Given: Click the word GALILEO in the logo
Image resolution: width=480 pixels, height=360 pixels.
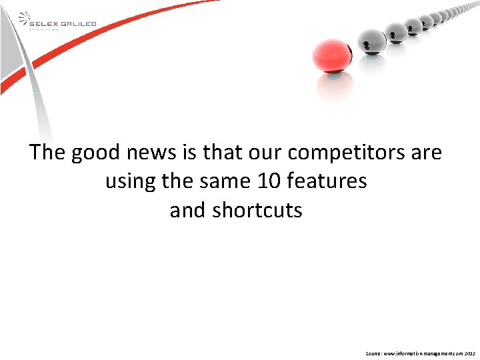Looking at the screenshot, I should [x=79, y=24].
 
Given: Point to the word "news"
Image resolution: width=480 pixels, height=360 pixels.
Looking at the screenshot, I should [x=155, y=153].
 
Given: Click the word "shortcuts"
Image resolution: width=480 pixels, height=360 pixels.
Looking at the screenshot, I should [x=257, y=210].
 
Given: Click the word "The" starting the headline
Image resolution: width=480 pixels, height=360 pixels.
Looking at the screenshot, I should [x=47, y=153].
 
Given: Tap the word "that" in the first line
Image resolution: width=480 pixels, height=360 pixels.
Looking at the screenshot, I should [x=224, y=153].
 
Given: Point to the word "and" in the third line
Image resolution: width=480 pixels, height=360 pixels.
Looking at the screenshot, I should [x=188, y=210].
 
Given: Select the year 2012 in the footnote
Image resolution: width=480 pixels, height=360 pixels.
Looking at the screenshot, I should [x=469, y=352].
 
